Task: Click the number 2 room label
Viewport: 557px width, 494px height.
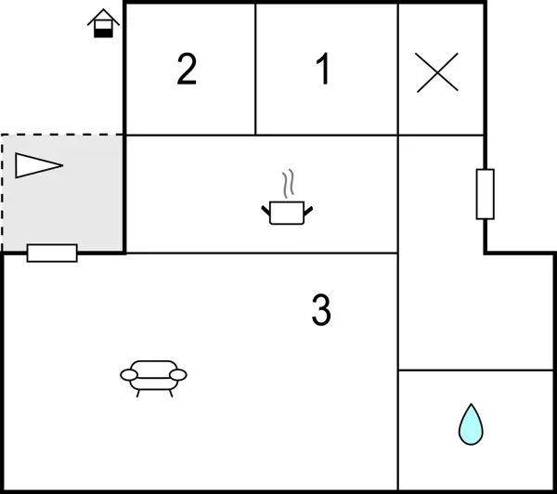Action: coord(187,69)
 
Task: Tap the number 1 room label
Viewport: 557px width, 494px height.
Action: coord(322,69)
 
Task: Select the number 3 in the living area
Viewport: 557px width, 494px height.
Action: coord(321,309)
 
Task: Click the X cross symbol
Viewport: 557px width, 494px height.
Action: coord(437,72)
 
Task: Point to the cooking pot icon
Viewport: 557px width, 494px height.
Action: coord(287,213)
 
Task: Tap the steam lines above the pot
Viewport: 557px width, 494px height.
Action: coord(289,183)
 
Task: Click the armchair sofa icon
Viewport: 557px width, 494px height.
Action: coord(153,379)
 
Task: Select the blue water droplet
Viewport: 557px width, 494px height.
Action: coord(471,424)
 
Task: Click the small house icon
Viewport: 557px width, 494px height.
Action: coord(103,23)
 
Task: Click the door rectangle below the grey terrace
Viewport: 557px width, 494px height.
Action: coord(52,253)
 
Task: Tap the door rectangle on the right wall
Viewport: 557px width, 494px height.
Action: coord(486,194)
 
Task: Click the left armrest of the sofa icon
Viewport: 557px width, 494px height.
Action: coord(129,375)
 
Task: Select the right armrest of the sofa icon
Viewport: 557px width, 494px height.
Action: coord(178,375)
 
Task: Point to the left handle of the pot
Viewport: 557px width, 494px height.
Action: coord(266,211)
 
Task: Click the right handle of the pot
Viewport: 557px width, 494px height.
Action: coord(308,211)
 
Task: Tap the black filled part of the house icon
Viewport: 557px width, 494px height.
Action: coord(103,33)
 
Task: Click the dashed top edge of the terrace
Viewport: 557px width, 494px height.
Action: coord(62,135)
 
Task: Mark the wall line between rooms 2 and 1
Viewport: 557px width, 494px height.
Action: coord(255,70)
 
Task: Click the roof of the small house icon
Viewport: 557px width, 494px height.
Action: coord(103,17)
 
